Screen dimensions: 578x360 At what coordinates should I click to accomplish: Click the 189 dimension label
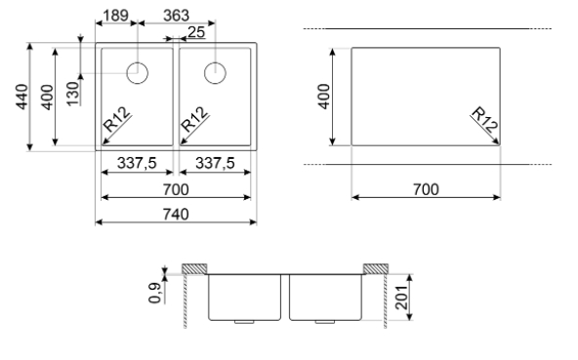115,16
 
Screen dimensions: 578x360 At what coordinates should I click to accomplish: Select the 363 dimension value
176,16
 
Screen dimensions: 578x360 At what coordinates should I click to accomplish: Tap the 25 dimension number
196,32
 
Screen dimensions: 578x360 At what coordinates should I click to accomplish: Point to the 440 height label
21,97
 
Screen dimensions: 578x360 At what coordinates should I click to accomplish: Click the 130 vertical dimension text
73,94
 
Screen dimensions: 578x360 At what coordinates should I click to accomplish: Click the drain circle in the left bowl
137,73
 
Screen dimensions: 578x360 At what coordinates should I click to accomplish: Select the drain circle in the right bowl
215,73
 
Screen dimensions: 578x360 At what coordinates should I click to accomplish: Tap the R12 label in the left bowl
117,119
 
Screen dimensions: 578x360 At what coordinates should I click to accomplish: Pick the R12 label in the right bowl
194,119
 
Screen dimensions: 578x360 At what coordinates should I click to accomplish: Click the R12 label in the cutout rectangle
484,119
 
